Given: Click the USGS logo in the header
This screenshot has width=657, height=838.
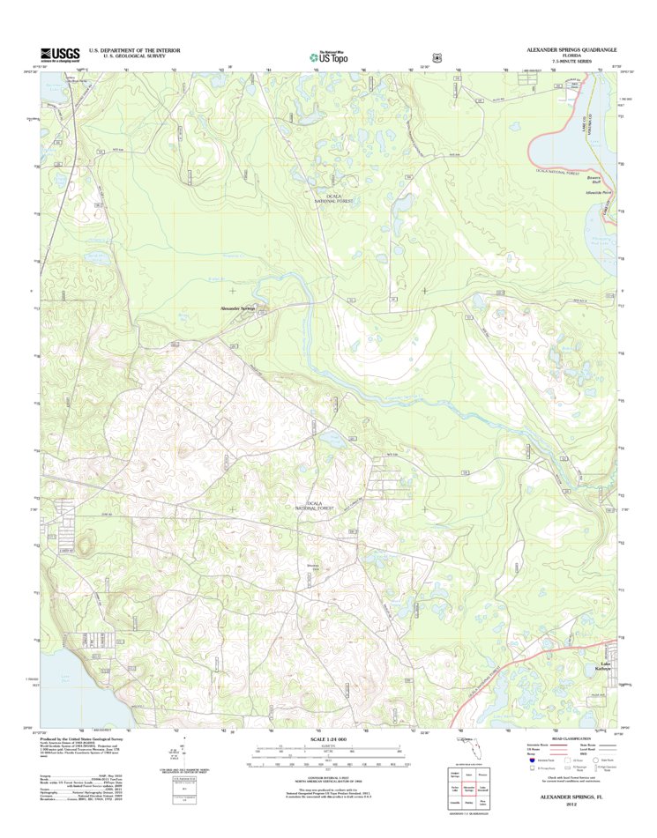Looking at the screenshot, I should pyautogui.click(x=60, y=55).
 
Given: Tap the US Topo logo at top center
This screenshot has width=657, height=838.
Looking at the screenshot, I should pyautogui.click(x=328, y=56).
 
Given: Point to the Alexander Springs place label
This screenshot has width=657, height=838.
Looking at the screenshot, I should pyautogui.click(x=236, y=308).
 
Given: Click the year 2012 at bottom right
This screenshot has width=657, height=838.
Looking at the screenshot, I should pyautogui.click(x=571, y=805).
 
